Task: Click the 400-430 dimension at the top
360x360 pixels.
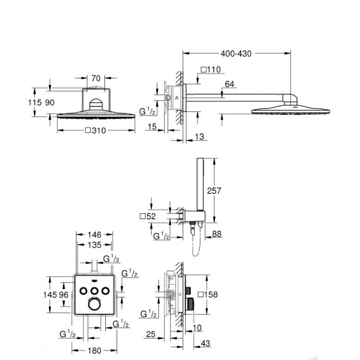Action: pos(235,53)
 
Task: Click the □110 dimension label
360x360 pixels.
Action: pos(211,70)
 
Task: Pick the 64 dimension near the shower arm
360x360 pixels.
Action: pos(229,83)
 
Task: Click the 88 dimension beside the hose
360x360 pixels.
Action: pos(216,234)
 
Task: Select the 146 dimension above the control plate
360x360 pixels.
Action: pos(94,234)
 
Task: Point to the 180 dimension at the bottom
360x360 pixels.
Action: pos(94,350)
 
